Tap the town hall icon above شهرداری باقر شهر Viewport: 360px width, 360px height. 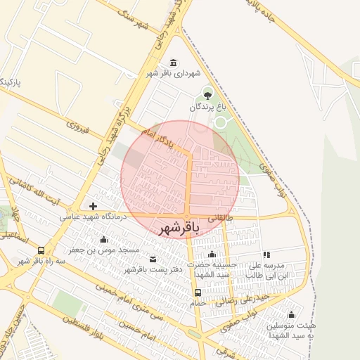coord(174,63)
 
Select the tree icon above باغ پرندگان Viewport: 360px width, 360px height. coord(207,94)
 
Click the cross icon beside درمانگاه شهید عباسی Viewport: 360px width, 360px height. coord(93,206)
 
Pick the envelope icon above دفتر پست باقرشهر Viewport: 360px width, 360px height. coord(153,259)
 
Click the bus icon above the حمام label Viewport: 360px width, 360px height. coord(198,292)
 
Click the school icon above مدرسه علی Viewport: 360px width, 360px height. coord(266,255)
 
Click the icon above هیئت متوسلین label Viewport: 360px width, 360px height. coord(292,314)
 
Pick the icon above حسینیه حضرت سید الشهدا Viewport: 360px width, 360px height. coord(212,255)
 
